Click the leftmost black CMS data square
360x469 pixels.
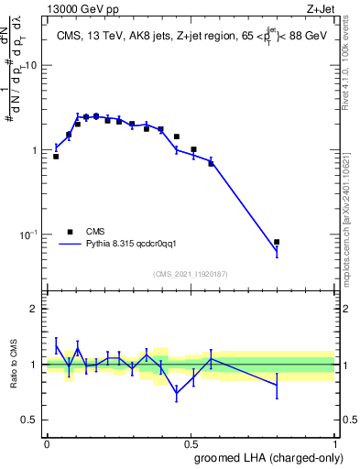pyautogui.click(x=56, y=157)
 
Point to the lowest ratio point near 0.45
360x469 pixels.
pyautogui.click(x=176, y=393)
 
